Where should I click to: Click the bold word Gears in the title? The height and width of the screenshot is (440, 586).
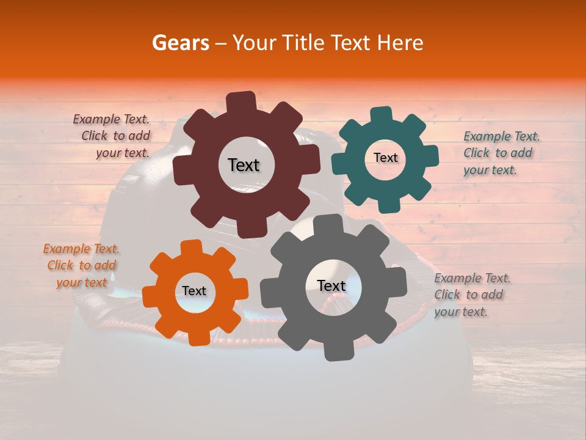pyautogui.click(x=181, y=43)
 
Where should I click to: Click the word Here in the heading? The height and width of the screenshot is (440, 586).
pyautogui.click(x=400, y=43)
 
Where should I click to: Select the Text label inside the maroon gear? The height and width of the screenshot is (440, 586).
pyautogui.click(x=244, y=165)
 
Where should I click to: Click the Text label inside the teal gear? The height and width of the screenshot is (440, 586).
pyautogui.click(x=385, y=158)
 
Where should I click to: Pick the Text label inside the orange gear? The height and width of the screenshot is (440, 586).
pyautogui.click(x=194, y=291)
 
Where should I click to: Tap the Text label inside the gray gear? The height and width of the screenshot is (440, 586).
pyautogui.click(x=331, y=285)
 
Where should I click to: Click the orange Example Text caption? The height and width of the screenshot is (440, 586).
pyautogui.click(x=82, y=265)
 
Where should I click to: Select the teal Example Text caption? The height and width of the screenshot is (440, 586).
pyautogui.click(x=501, y=153)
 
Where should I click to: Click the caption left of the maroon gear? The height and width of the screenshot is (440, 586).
pyautogui.click(x=112, y=136)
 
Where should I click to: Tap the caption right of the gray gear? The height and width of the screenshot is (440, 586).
pyautogui.click(x=472, y=295)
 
